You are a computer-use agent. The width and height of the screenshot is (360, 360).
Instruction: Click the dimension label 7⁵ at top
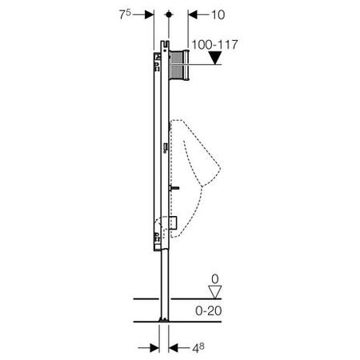(x=125, y=14)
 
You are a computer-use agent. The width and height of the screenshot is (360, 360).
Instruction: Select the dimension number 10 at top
(x=218, y=15)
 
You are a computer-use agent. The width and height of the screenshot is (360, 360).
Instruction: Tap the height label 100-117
(x=214, y=45)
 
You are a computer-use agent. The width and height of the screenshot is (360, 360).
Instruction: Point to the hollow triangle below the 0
(x=215, y=292)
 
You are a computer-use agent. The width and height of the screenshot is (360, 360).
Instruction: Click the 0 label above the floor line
(x=215, y=279)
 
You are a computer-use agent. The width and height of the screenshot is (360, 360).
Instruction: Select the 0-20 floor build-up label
(x=209, y=311)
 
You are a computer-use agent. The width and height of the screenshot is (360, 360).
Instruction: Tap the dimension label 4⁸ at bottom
(x=198, y=348)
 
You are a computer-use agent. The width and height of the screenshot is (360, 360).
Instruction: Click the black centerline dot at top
(x=169, y=14)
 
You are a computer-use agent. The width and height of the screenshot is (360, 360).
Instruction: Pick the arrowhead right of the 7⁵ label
(x=150, y=14)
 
